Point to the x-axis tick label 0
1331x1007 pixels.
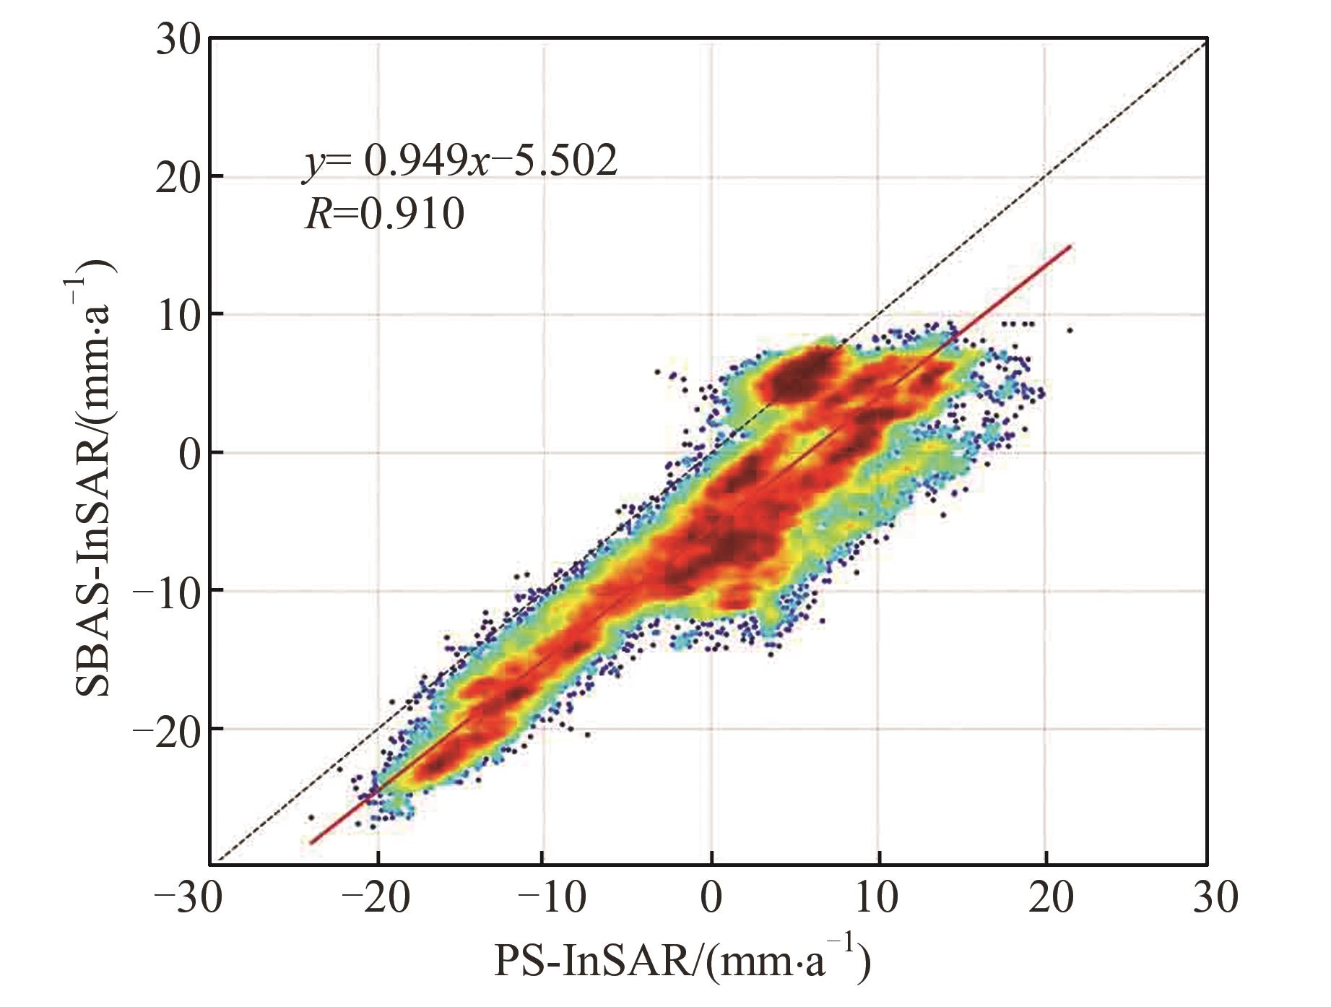pos(712,898)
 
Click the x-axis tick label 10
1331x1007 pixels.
pos(879,898)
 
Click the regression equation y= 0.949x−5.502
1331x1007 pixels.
pos(460,160)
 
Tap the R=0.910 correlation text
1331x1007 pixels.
pos(384,214)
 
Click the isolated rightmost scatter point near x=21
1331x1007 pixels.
pos(1070,330)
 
